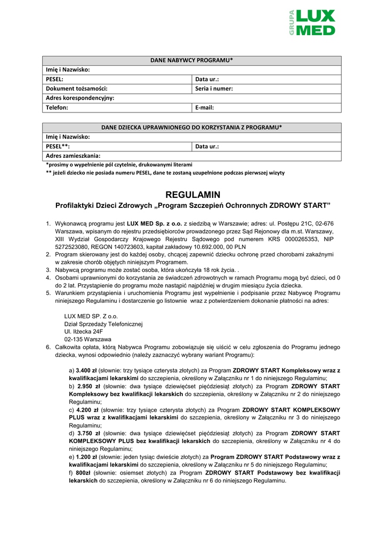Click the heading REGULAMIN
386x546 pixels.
pyautogui.click(x=192, y=195)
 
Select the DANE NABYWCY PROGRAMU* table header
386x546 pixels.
pyautogui.click(x=192, y=60)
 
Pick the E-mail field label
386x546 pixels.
pyautogui.click(x=205, y=107)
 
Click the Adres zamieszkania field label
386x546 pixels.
pyautogui.click(x=73, y=156)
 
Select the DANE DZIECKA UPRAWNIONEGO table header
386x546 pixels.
pyautogui.click(x=192, y=127)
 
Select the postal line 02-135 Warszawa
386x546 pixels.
pyautogui.click(x=87, y=339)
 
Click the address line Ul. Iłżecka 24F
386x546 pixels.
pyautogui.click(x=84, y=331)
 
